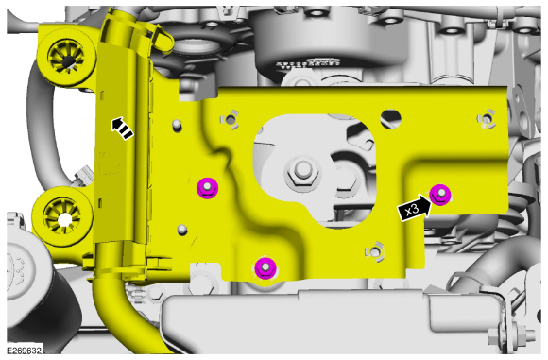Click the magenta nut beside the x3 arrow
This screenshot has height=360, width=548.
click(x=440, y=195)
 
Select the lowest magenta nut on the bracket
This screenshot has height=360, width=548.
click(x=265, y=268)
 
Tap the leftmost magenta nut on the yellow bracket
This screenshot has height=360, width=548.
click(x=207, y=188)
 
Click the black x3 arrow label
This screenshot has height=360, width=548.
click(x=414, y=209)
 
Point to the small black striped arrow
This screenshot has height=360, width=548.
click(x=122, y=129)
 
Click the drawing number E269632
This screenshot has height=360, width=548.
click(x=25, y=351)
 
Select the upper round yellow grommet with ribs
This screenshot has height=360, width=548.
click(x=66, y=56)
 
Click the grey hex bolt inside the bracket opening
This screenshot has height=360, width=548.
click(x=302, y=173)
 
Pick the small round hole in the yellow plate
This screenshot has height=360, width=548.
click(x=391, y=119)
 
